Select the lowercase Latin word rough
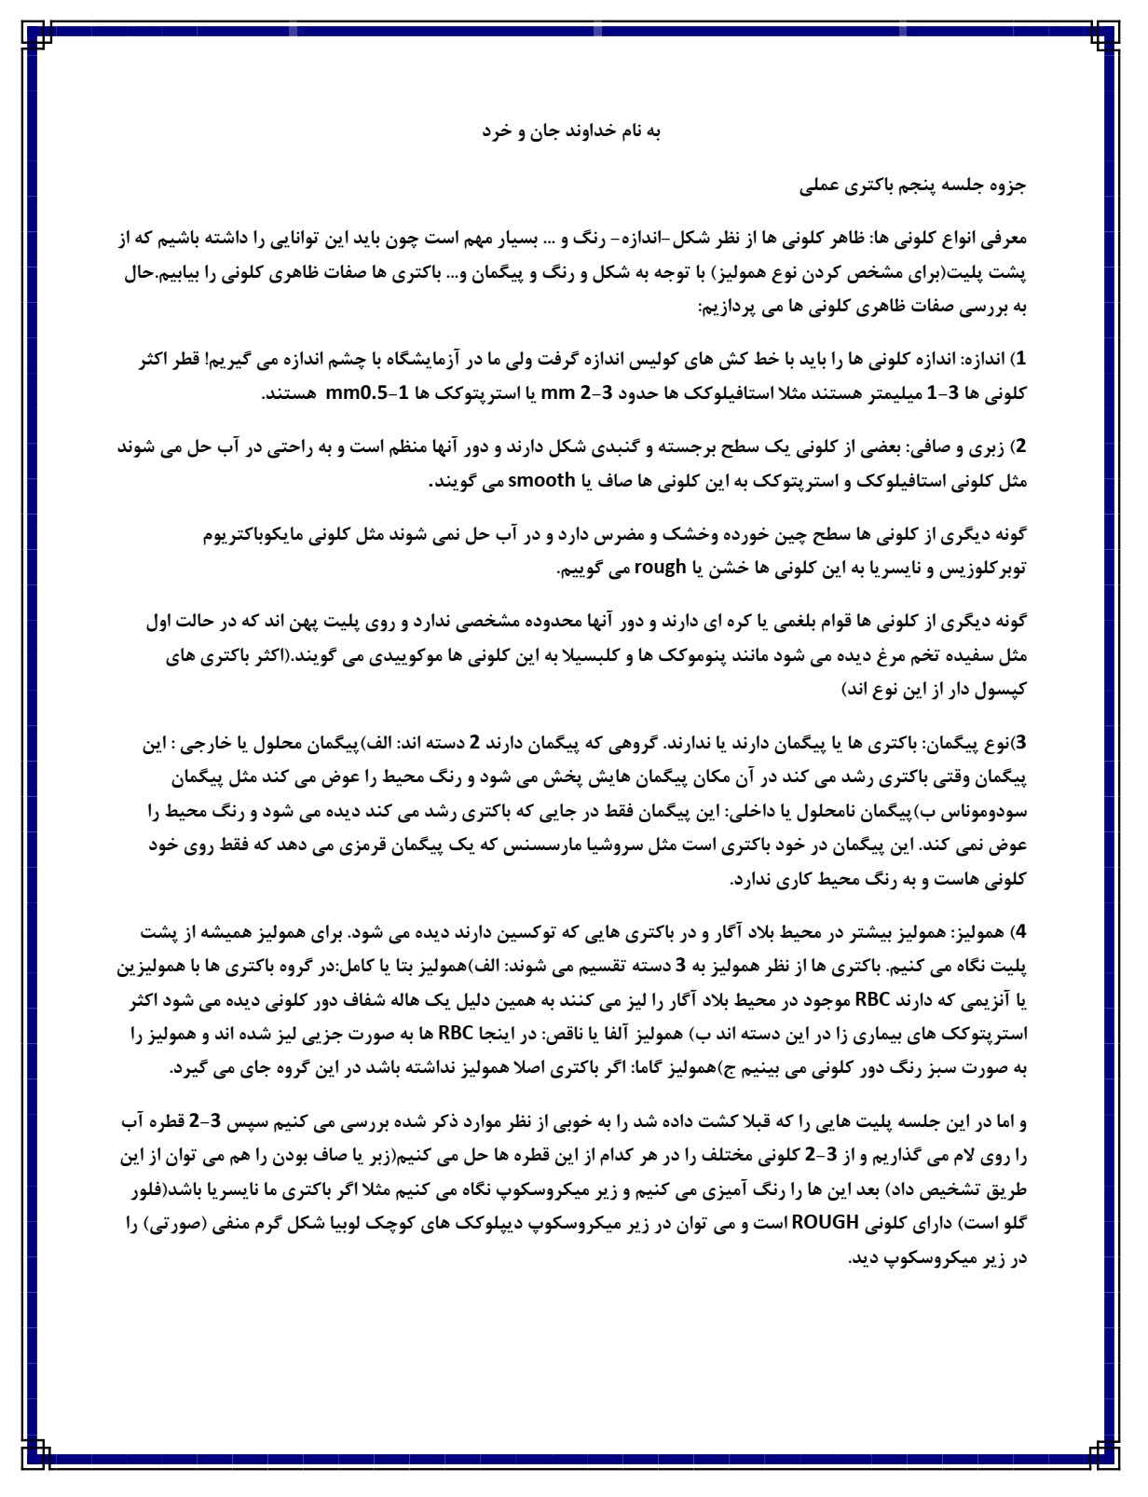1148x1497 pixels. click(661, 568)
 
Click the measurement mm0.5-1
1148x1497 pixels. click(354, 394)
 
